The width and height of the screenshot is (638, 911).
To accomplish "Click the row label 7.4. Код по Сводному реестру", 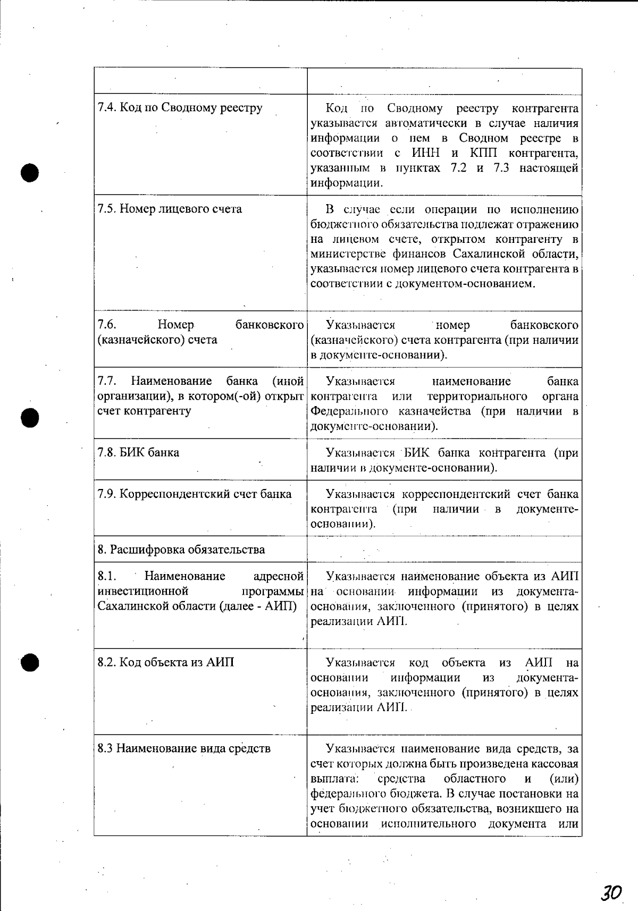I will pos(180,108).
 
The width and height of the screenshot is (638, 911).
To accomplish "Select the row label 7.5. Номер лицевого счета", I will pos(170,209).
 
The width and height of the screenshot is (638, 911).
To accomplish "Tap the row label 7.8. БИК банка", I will pos(138,453).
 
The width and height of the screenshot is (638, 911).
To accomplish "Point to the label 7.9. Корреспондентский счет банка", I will pos(194,494).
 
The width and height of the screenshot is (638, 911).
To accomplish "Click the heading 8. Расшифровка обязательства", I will pos(181,550).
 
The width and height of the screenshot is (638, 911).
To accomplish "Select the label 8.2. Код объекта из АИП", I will pos(165,662).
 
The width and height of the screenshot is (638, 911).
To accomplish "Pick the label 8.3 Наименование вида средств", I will pos(184,748).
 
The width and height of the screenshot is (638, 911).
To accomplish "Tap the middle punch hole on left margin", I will pos(30,417).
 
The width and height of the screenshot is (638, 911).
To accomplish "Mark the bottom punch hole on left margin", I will pos(30,662).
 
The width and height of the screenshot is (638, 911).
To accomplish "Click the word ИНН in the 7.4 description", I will pos(426,153).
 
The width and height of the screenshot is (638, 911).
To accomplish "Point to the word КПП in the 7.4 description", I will pos(483,153).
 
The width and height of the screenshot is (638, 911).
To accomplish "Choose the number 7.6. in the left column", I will pos(107,325).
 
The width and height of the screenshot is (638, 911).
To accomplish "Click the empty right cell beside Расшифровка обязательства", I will pos(444,549).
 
